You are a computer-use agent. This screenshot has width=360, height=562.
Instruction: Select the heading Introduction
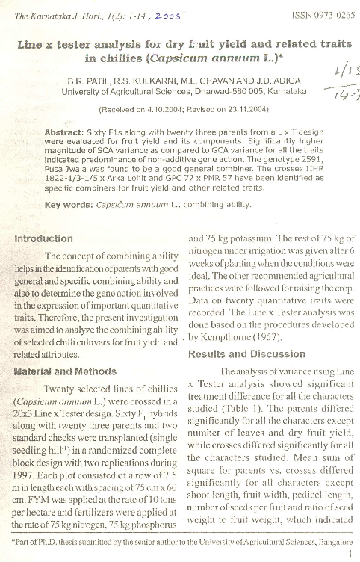46,239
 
